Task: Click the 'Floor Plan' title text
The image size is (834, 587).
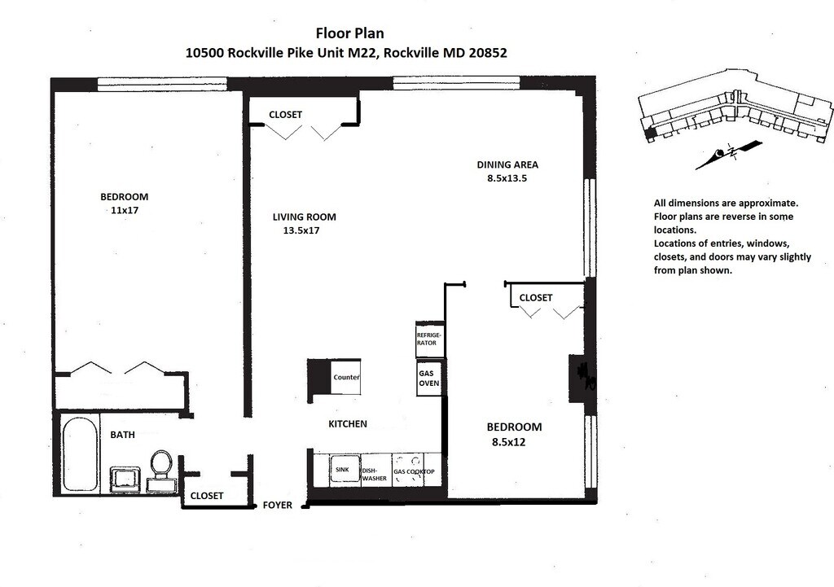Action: click(x=349, y=33)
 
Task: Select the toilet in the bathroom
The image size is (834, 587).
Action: click(x=160, y=464)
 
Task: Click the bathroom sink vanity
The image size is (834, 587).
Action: click(x=126, y=480)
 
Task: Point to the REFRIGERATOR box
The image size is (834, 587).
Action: click(x=429, y=339)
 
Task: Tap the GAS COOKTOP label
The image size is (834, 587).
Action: click(x=415, y=472)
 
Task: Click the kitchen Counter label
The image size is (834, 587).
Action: click(x=346, y=378)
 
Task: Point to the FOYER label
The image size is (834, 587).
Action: click(x=277, y=506)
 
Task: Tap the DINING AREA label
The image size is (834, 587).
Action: click(x=507, y=164)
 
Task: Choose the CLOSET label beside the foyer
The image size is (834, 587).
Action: click(x=206, y=496)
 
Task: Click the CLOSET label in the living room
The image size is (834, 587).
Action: click(x=285, y=115)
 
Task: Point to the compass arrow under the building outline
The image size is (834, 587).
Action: click(x=728, y=154)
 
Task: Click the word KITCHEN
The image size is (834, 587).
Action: click(x=347, y=424)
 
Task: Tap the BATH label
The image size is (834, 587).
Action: click(x=122, y=435)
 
